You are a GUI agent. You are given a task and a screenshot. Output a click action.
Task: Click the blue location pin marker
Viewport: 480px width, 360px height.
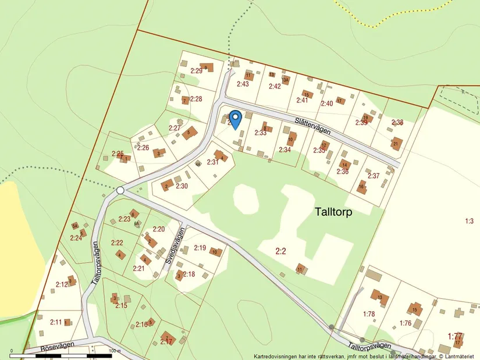click(x=235, y=119)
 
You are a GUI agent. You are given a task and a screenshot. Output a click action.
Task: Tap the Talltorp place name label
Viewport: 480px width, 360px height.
click(x=333, y=212)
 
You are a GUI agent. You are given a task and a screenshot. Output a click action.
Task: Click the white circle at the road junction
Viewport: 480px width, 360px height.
click(x=120, y=190)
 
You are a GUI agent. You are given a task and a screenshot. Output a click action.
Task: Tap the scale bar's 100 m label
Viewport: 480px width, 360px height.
click(x=114, y=350)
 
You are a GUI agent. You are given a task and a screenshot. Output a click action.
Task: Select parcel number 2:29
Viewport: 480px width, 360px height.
click(x=196, y=71)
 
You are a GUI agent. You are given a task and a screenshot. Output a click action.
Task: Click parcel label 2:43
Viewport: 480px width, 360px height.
click(x=243, y=84)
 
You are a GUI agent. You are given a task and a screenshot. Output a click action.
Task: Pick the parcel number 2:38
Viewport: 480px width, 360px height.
click(x=397, y=123)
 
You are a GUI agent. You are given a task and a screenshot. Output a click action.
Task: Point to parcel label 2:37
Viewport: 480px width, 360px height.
click(x=373, y=176)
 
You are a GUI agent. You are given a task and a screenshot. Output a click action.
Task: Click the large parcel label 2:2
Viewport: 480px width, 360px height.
click(x=280, y=251)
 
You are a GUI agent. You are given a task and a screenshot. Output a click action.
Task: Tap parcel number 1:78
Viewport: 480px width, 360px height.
click(x=369, y=314)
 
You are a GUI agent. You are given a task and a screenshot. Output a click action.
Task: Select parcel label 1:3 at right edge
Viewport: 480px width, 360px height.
click(x=470, y=220)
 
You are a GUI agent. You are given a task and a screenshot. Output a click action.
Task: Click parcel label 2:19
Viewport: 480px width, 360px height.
click(x=200, y=248)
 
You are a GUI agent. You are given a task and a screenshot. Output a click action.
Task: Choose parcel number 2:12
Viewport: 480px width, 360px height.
click(x=62, y=284)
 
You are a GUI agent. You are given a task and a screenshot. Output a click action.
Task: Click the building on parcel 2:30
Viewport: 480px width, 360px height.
click(x=167, y=186)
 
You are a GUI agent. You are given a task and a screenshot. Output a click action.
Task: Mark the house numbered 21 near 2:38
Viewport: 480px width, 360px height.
click(x=396, y=143)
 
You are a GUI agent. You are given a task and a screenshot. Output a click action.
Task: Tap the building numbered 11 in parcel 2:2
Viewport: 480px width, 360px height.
click(x=300, y=269)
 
